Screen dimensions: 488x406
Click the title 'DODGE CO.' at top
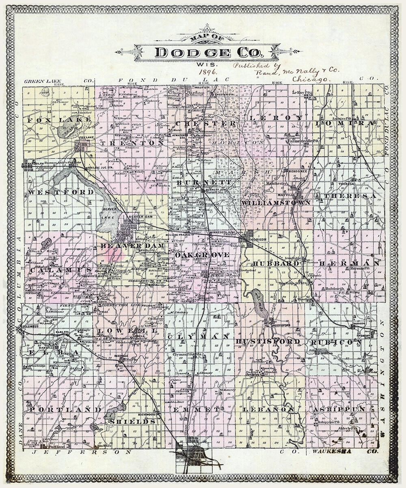209,52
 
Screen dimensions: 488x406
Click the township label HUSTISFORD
268,341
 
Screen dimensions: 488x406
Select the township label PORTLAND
65,410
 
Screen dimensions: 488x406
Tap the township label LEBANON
268,410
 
